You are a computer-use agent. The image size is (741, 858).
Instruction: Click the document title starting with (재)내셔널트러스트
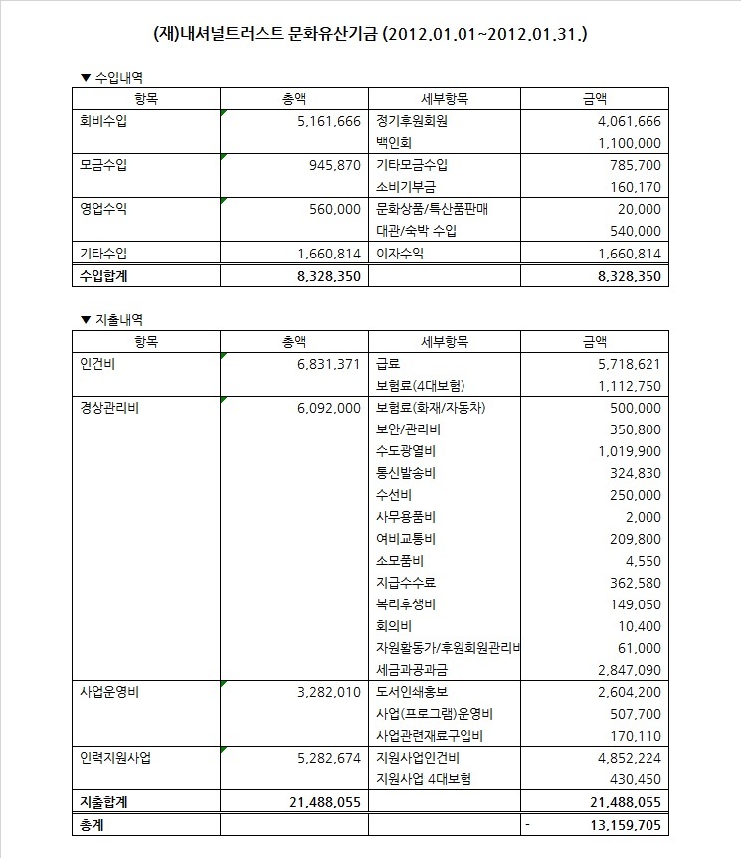click(370, 34)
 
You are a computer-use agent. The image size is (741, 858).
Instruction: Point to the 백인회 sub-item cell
click(394, 143)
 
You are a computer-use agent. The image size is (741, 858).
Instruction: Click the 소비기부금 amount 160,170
click(632, 187)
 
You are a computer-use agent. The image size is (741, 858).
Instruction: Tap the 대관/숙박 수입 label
click(417, 231)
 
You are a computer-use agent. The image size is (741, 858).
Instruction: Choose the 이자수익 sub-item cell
click(400, 253)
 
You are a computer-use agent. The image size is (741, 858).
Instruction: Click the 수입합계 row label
click(104, 275)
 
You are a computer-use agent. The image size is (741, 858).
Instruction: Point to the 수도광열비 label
click(408, 451)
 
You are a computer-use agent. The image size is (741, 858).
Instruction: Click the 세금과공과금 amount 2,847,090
click(623, 670)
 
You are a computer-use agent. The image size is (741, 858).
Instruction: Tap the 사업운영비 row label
click(110, 692)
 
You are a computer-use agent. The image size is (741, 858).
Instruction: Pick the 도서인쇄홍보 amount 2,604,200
click(623, 692)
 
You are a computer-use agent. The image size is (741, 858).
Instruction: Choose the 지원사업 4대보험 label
click(424, 779)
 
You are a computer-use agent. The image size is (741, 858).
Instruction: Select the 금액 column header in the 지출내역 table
click(594, 342)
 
